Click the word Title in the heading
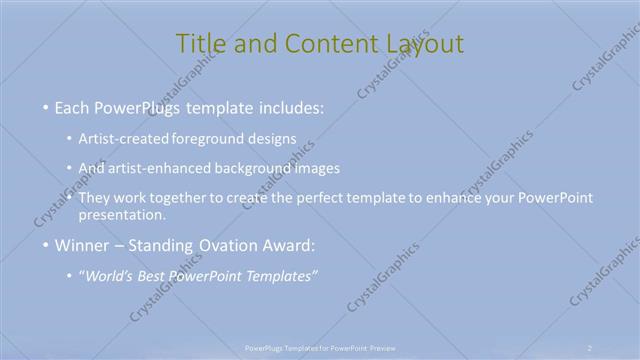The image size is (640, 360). click(199, 44)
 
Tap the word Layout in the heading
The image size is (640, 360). click(426, 44)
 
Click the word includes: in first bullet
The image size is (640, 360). click(290, 106)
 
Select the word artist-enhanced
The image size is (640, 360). click(163, 168)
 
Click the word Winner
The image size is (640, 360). click(82, 244)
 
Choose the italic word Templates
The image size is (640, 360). click(280, 276)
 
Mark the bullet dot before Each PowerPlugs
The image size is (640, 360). click(45, 107)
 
